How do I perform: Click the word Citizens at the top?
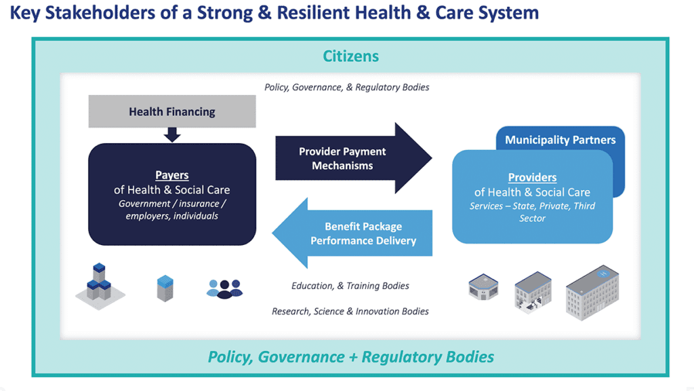pos(350,56)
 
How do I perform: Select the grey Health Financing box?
pos(172,111)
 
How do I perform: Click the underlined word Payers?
pos(171,175)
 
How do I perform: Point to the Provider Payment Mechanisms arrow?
pos(353,158)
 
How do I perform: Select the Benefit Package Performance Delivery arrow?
pos(352,234)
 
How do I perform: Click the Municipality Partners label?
pos(560,140)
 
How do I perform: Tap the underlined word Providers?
pos(532,177)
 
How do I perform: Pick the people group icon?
pos(224,288)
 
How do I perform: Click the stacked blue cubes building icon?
pos(100,286)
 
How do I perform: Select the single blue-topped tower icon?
pos(165,288)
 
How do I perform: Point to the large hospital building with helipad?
pos(592,293)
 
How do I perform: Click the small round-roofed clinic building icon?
pos(483,287)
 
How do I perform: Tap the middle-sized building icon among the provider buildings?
pos(533,292)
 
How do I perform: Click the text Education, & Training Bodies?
pos(350,286)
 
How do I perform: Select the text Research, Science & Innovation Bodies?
pos(350,312)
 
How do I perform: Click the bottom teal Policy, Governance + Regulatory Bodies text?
pos(351,357)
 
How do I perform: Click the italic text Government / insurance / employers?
pos(171,210)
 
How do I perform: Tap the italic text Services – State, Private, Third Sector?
pos(532,212)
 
